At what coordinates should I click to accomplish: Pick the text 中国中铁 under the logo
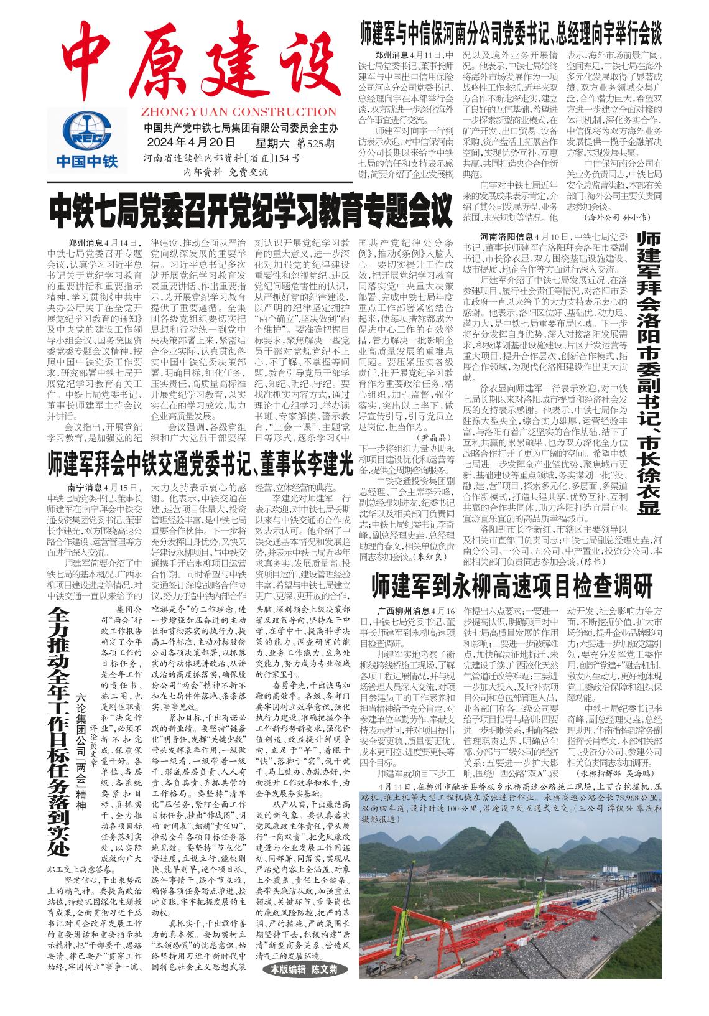tap(87, 162)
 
